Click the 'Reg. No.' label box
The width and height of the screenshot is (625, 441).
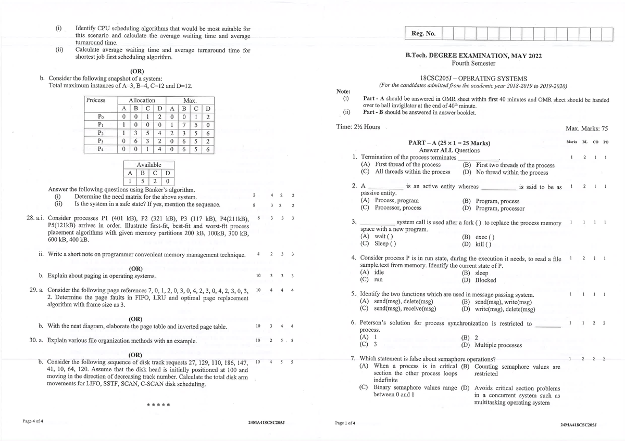click(423, 34)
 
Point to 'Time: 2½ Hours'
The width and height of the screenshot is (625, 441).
click(358, 127)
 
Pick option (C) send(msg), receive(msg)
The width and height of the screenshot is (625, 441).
click(398, 308)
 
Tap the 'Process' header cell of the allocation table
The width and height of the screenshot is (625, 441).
click(95, 100)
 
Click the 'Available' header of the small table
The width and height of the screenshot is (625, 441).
click(149, 165)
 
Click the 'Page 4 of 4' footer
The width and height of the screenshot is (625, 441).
click(33, 420)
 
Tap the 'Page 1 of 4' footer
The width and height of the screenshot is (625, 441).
click(345, 422)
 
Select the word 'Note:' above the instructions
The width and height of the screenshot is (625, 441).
click(344, 91)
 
